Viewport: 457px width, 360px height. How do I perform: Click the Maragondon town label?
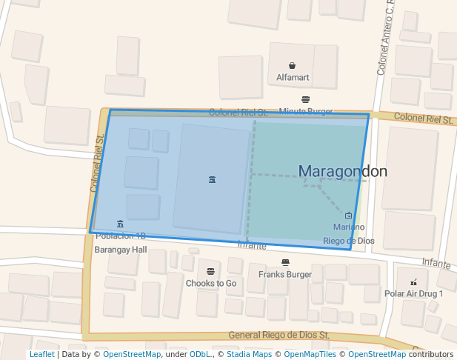(342, 171)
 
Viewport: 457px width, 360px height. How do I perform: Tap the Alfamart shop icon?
(293, 65)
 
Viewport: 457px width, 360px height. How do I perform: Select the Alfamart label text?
(293, 77)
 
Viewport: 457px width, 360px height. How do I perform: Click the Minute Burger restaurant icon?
(306, 99)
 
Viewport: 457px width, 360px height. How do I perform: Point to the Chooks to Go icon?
(211, 271)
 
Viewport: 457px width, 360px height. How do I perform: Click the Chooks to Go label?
(211, 283)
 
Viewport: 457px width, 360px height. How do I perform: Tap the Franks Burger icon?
(285, 262)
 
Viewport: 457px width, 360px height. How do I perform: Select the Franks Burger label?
(285, 274)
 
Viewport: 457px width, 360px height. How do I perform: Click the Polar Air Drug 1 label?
(413, 293)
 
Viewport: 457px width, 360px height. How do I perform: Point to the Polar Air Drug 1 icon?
(413, 281)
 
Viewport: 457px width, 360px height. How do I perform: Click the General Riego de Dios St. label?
(278, 336)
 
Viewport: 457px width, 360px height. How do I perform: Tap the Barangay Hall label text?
(121, 250)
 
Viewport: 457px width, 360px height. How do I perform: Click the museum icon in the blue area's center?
(213, 179)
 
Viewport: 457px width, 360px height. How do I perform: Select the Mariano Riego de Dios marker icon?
(348, 215)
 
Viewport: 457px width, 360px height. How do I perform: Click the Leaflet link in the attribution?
(41, 354)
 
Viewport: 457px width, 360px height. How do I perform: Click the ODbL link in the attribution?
(200, 354)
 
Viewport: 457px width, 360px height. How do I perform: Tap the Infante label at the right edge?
(436, 264)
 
